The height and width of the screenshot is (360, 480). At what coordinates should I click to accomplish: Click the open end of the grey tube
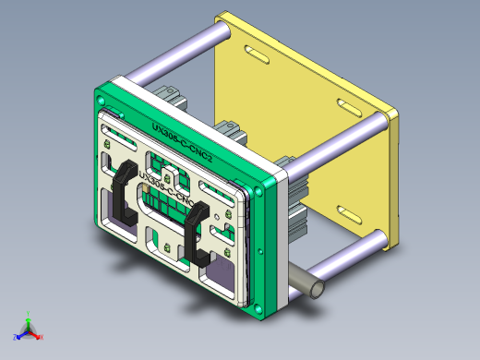point(316,287)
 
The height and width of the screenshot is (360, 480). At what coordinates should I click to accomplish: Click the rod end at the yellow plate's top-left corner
point(223,30)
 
